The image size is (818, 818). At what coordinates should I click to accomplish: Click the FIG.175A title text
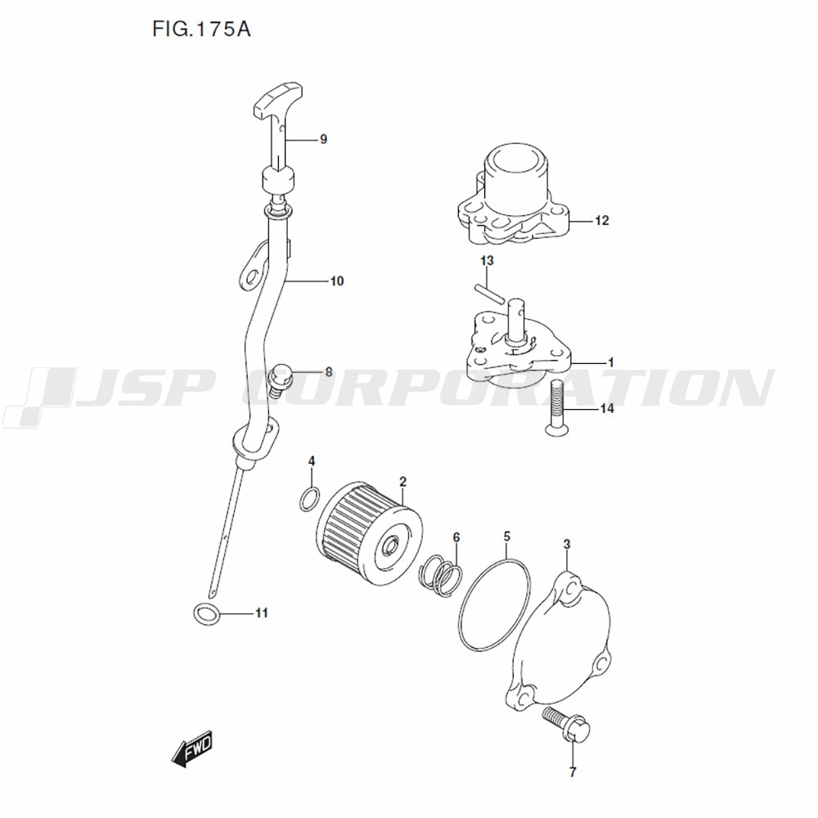pos(201,29)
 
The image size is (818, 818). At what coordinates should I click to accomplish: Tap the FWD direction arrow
pos(192,748)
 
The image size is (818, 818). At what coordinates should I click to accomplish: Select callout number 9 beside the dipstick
pos(323,139)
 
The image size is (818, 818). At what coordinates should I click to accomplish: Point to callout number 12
pos(602,221)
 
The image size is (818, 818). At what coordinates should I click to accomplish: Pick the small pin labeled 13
pos(490,293)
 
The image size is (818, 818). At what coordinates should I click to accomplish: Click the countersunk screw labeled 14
pos(555,407)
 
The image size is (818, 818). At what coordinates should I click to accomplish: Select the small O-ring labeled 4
pos(310,498)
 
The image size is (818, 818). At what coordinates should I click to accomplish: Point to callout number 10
pos(337,281)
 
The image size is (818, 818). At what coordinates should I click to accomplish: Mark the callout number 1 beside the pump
pos(611,362)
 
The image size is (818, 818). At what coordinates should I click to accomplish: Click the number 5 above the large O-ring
pos(507,537)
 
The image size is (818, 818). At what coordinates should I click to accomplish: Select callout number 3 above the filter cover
pos(567,545)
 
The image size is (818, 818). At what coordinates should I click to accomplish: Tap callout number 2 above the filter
pos(402,482)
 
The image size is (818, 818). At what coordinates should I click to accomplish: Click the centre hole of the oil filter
pos(389,546)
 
